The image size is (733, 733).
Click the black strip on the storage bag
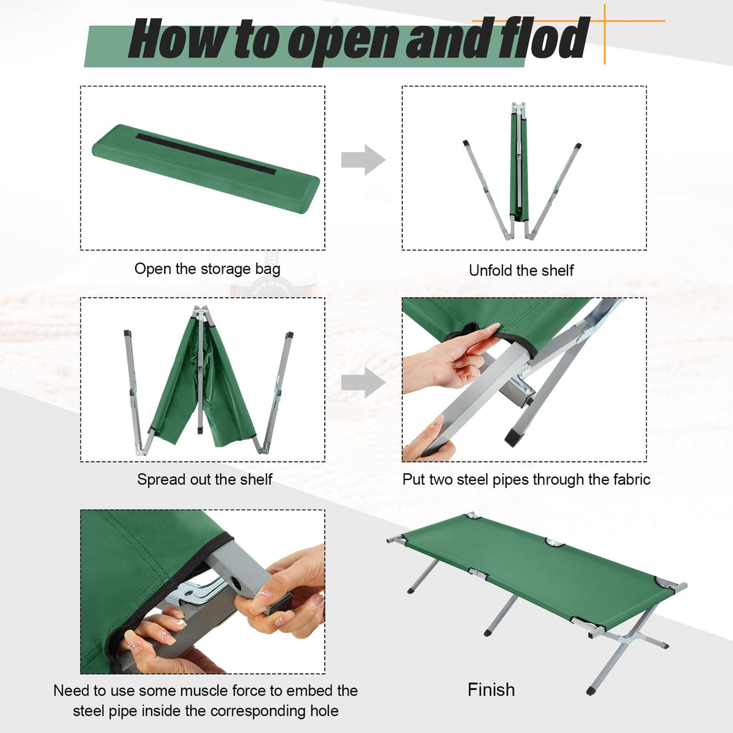pyautogui.click(x=205, y=154)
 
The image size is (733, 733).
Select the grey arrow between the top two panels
pyautogui.click(x=363, y=160)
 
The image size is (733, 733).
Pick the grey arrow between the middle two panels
pyautogui.click(x=363, y=382)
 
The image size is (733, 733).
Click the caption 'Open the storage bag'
pyautogui.click(x=207, y=269)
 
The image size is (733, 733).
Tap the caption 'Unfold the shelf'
pyautogui.click(x=521, y=270)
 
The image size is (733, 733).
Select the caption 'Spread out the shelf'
pyautogui.click(x=205, y=479)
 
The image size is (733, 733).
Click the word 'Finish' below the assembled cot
pyautogui.click(x=491, y=690)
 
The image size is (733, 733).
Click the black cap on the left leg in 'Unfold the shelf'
pyautogui.click(x=466, y=144)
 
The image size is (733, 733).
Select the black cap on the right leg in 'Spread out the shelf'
pyautogui.click(x=290, y=334)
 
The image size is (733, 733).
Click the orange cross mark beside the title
pyautogui.click(x=604, y=22)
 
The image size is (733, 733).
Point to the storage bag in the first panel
pyautogui.click(x=205, y=168)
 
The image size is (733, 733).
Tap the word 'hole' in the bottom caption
pyautogui.click(x=324, y=711)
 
